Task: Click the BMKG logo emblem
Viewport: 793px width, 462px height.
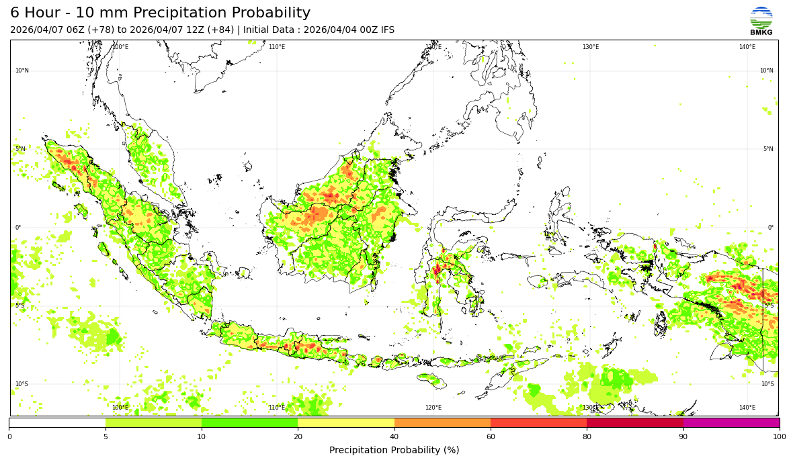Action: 761,17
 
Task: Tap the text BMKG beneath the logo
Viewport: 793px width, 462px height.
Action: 761,32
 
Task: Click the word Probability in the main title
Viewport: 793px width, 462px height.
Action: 272,13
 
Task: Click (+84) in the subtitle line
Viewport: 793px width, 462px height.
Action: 222,30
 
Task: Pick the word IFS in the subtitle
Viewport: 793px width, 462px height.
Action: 386,30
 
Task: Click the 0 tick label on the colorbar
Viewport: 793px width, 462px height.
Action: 9,437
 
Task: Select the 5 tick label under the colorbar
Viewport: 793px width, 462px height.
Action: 106,437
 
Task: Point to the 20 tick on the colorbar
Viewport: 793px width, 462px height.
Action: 298,437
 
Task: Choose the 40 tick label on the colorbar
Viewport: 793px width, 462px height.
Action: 394,437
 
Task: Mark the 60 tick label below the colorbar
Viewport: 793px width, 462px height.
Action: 491,437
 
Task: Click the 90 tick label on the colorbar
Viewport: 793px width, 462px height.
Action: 683,437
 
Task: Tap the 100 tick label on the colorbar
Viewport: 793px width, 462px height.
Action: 780,437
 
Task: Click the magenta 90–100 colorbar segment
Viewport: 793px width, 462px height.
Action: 731,423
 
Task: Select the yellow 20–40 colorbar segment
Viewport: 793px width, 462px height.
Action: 346,423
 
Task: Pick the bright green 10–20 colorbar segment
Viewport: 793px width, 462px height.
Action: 249,423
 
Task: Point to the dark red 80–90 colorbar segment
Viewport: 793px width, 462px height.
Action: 635,423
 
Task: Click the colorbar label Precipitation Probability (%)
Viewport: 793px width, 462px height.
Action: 394,450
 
